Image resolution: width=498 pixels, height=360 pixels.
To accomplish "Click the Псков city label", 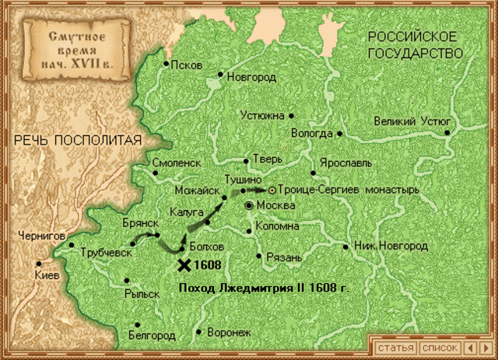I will coord(187,65).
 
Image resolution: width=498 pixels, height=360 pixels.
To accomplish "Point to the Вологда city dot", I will coord(339,134).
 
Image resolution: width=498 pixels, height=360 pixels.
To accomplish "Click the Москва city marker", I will coord(248,205).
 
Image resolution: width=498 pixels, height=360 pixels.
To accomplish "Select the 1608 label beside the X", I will coord(208,265).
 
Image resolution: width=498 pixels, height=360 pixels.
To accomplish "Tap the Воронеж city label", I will coord(230,332).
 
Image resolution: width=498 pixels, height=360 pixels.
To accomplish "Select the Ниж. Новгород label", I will coord(391,246).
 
